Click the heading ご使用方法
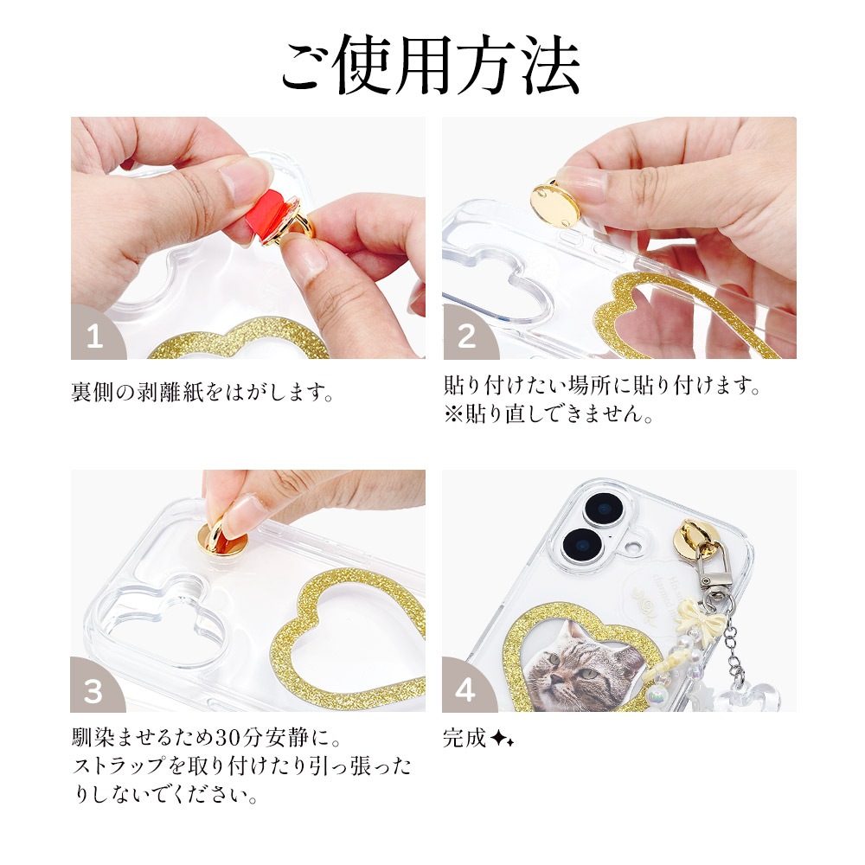tap(430, 66)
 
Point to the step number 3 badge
tap(94, 689)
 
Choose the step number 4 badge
tap(466, 689)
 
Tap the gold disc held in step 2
tap(555, 202)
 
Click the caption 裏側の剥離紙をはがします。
tap(202, 393)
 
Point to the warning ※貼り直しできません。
tap(548, 413)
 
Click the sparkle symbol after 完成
tap(502, 740)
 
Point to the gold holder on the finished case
tap(702, 541)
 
